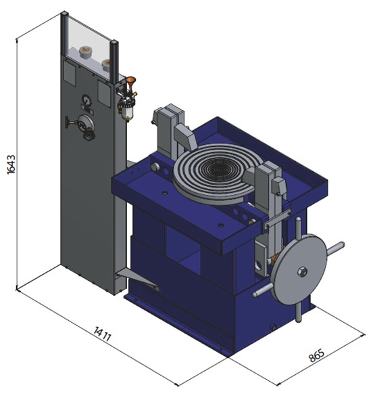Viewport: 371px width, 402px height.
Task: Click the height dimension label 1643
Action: tap(11, 164)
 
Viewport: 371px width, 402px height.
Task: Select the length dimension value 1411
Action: tap(102, 334)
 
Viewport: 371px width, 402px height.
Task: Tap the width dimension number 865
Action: tap(316, 355)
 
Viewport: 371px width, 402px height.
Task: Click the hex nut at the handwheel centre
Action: tap(302, 271)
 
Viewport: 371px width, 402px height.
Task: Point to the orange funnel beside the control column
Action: tap(131, 82)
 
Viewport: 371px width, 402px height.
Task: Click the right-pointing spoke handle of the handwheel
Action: tap(335, 248)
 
